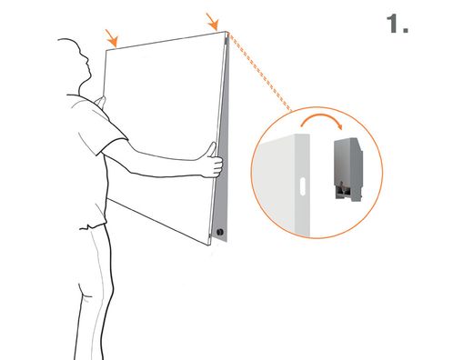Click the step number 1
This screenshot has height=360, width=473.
pos(398,24)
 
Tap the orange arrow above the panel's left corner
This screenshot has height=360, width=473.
pos(111,38)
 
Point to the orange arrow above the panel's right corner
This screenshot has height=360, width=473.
pos(213,22)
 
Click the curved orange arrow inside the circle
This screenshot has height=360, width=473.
pos(321,117)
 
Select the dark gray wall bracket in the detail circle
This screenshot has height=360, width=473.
pos(348,169)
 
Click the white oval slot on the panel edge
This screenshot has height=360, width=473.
pos(302,185)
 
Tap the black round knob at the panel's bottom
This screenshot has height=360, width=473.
pos(220,233)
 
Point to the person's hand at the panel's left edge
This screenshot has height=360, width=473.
pos(100,102)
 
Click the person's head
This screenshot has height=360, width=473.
pos(75,64)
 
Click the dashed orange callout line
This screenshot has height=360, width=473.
pos(260,72)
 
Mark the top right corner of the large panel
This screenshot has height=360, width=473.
pos(226,32)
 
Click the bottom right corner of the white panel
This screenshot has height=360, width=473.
pos(209,245)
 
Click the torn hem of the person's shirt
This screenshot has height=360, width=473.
pos(93,225)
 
